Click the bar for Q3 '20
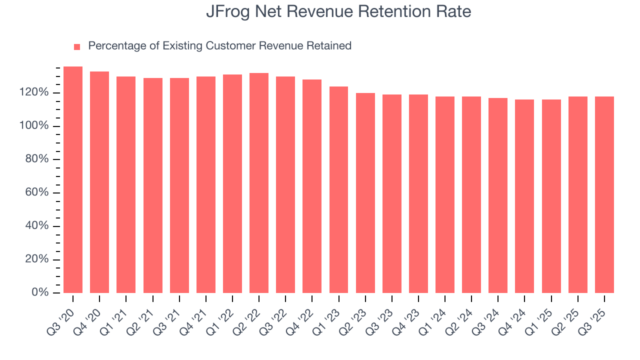[x=73, y=180]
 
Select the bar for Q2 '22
[x=259, y=183]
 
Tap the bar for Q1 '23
[x=338, y=190]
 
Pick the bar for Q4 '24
[x=524, y=196]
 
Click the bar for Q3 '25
[x=604, y=195]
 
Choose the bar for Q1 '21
[x=126, y=185]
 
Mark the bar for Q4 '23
[x=418, y=194]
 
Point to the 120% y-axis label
[x=34, y=92]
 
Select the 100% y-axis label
[x=34, y=126]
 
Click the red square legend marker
[x=77, y=47]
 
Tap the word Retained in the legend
[x=330, y=46]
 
